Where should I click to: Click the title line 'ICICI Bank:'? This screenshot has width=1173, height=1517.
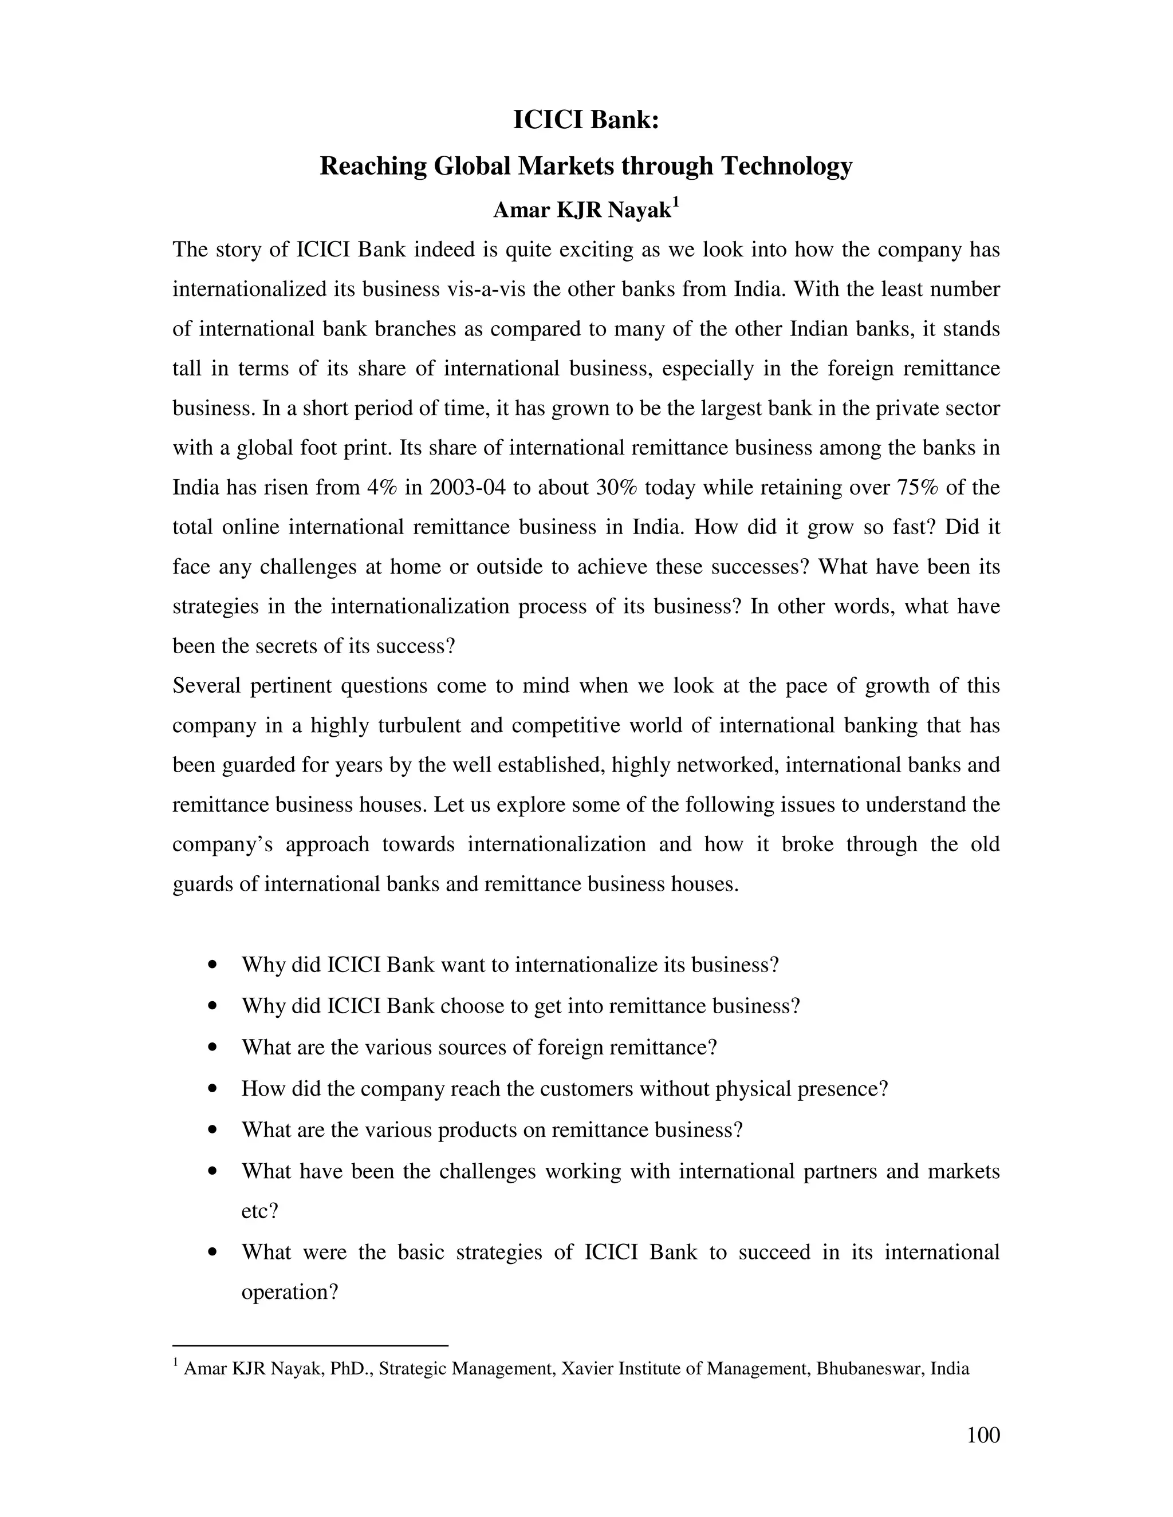coord(586,120)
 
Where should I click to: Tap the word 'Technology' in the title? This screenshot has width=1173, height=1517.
coord(786,166)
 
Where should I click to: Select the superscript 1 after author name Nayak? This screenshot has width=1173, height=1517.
coord(675,203)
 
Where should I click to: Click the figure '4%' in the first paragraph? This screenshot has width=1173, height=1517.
coord(381,488)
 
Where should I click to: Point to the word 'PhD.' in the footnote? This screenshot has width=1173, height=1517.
coord(352,1368)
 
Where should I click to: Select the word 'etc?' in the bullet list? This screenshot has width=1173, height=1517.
coord(259,1211)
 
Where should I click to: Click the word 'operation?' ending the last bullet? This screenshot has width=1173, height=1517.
coord(289,1293)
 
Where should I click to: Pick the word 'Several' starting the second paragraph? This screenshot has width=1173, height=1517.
coord(206,686)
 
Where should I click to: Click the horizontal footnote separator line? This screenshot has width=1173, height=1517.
coord(310,1345)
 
